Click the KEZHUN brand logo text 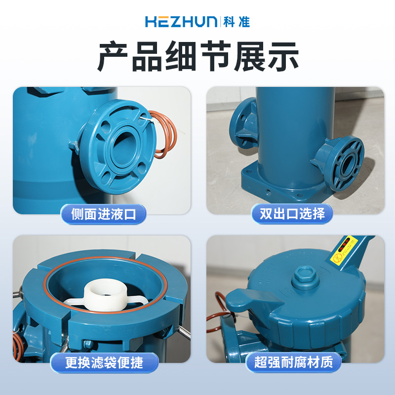coord(181,22)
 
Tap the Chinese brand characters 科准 coord(237,22)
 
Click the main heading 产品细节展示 coord(198,56)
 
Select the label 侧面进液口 coord(104,214)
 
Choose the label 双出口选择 coord(292,214)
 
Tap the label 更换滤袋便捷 coord(104,362)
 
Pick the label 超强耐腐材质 coord(293,362)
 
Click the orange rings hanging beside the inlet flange coord(164,134)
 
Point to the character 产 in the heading coord(113,56)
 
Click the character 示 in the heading coord(283,56)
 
